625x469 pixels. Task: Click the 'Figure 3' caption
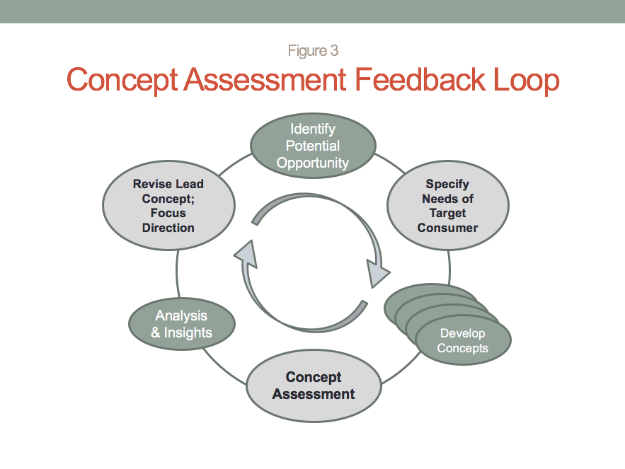tap(313, 51)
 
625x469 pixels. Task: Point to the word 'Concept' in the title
tap(122, 81)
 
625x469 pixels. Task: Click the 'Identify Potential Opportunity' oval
tap(313, 146)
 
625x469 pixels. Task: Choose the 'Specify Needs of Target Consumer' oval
tap(447, 206)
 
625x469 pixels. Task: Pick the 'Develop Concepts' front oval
tap(463, 341)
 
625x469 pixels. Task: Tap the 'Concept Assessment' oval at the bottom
tap(314, 386)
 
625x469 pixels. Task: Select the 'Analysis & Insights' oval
tap(181, 324)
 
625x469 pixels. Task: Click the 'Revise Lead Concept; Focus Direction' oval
tap(168, 206)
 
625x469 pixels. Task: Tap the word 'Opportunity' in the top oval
tap(313, 163)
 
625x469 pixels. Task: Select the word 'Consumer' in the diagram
tap(447, 228)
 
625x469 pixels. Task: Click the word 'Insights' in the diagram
tap(188, 332)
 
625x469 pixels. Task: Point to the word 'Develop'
tap(463, 333)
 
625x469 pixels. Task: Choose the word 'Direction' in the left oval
tap(168, 228)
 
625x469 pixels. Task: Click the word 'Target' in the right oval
tap(447, 213)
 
